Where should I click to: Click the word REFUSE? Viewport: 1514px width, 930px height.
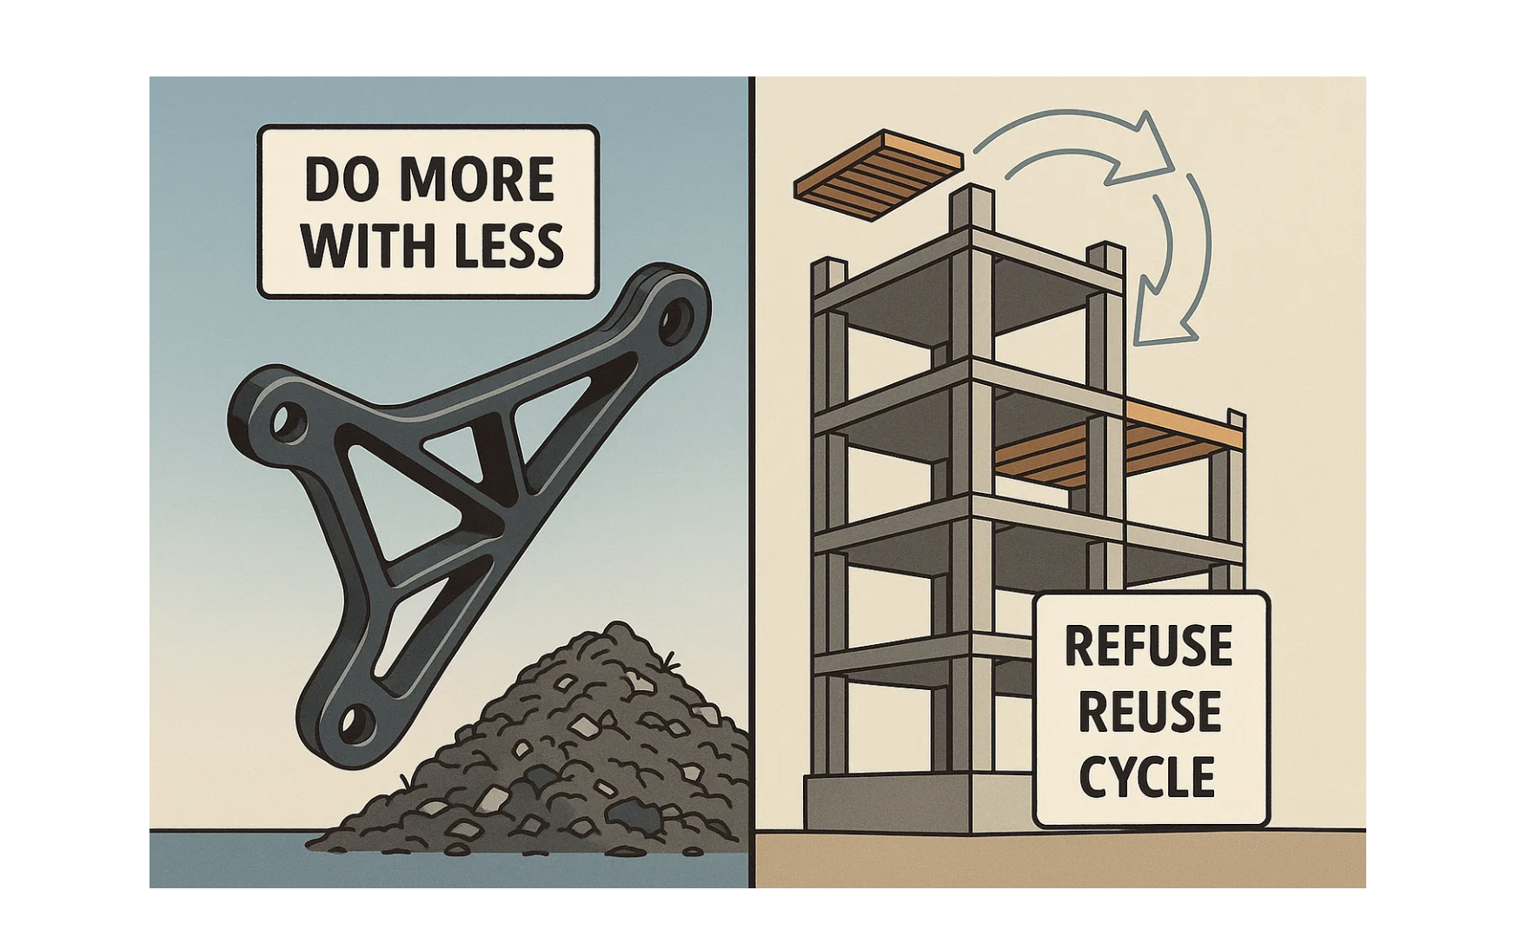coord(1148,646)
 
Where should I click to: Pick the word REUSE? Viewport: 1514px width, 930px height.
coord(1148,712)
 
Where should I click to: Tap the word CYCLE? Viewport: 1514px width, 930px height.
coord(1146,776)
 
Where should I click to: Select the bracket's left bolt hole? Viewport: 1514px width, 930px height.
coord(283,422)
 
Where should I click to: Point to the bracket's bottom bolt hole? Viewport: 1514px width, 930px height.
coord(352,721)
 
